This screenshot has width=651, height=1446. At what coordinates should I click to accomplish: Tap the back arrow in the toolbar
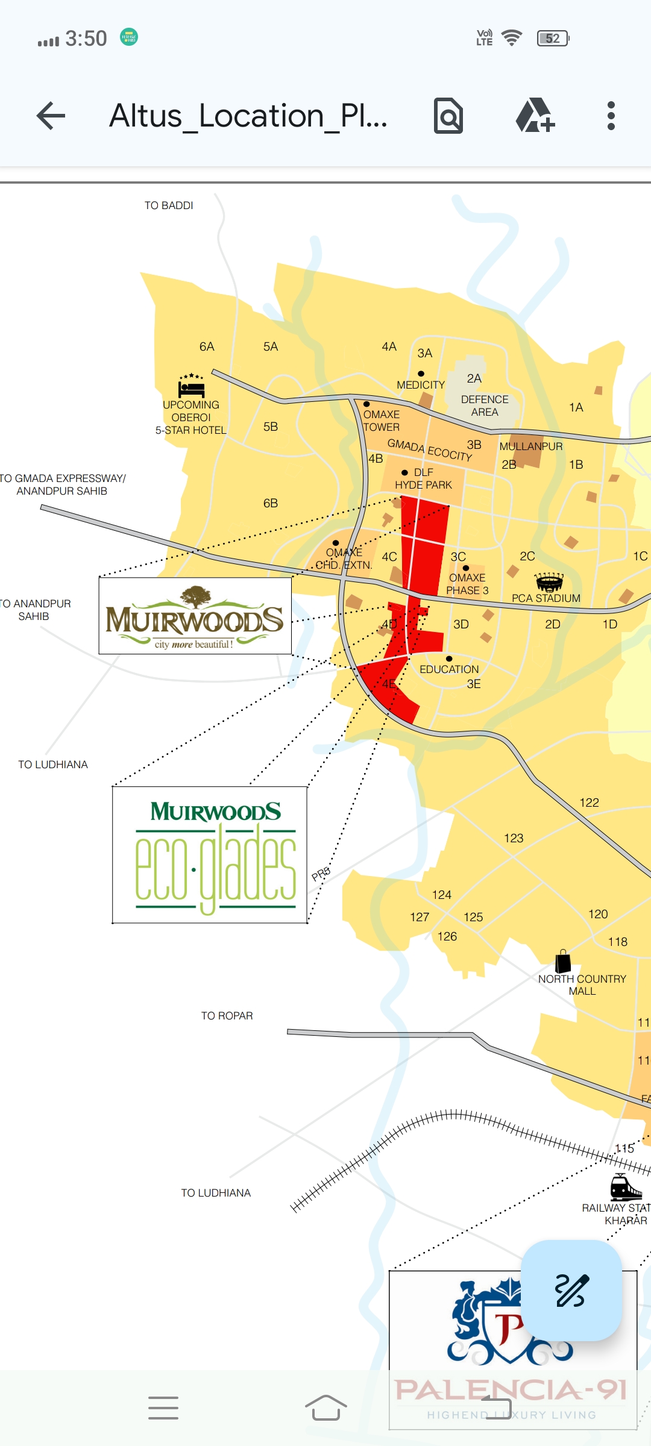coord(51,116)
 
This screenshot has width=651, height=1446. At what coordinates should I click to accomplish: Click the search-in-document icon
coord(448,116)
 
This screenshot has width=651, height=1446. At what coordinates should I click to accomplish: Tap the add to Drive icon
coord(535,116)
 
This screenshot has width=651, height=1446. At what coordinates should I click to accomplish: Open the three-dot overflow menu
coord(611,116)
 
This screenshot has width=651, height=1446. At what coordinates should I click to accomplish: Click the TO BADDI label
coord(169,205)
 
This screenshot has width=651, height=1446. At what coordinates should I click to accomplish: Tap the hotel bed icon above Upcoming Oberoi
coord(192,386)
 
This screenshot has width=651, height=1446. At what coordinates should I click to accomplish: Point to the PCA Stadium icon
coord(549,581)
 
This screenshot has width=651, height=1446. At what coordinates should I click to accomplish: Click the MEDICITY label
coord(421,385)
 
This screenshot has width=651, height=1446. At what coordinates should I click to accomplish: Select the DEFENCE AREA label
coord(485,405)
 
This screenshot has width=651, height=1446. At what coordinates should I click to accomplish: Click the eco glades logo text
coord(216,868)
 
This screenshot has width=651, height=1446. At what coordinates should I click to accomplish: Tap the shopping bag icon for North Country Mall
coord(562,961)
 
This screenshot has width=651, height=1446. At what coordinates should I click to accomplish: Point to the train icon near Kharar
coord(625,1188)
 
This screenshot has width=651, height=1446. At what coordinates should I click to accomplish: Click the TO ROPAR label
coord(227,1016)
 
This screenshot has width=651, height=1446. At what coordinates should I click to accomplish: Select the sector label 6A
coord(207,346)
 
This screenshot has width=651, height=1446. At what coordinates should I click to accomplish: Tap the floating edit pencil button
coord(571,1290)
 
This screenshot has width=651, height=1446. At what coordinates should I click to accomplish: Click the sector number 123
coord(514,838)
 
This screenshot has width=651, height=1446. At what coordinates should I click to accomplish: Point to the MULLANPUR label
coord(530,446)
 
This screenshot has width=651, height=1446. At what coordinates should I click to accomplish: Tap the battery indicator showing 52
coord(553,39)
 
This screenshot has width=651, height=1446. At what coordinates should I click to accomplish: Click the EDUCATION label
coord(449,669)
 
